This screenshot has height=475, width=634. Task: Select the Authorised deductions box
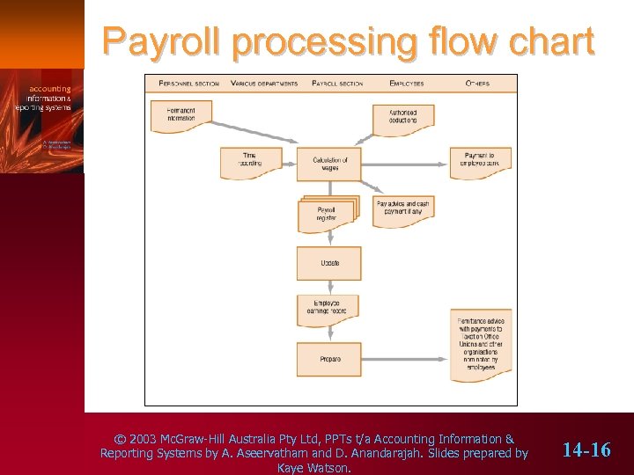[404, 116]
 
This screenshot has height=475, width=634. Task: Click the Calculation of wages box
[329, 163]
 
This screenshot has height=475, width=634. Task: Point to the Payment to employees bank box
[480, 160]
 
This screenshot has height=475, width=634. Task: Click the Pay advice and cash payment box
[404, 208]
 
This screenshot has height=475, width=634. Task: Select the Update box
[329, 263]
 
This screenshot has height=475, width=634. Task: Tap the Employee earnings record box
[328, 307]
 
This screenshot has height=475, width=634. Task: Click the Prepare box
[329, 358]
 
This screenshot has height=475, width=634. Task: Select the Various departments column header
[264, 84]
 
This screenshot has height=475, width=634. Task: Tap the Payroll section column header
[339, 84]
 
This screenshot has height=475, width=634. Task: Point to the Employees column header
[406, 84]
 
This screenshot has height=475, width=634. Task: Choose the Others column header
[477, 84]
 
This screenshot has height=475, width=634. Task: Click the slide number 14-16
[586, 450]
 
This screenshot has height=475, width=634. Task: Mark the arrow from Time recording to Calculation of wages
[289, 163]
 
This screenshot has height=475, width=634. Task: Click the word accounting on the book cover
[50, 89]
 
